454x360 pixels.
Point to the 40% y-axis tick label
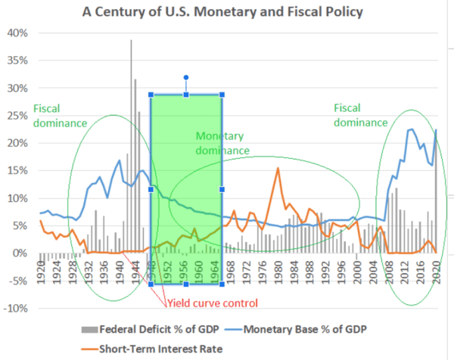[x=17, y=33]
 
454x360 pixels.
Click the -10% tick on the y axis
[x=17, y=309]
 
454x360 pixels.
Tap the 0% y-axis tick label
[x=21, y=253]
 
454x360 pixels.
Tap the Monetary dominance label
[x=222, y=144]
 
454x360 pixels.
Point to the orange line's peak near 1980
[x=278, y=168]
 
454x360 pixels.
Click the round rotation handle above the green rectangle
[x=185, y=77]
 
